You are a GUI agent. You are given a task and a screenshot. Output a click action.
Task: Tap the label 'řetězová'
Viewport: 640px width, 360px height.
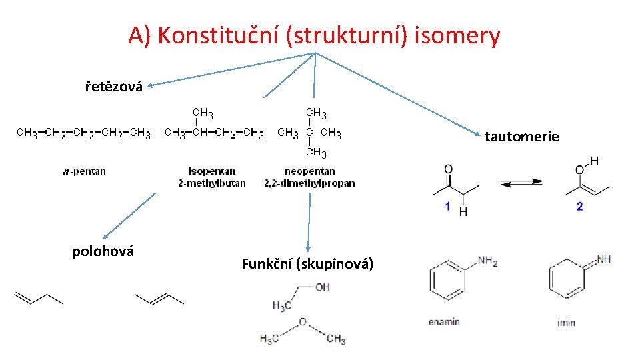pyautogui.click(x=114, y=87)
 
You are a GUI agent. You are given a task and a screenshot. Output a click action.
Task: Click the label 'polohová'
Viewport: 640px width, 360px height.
pyautogui.click(x=103, y=251)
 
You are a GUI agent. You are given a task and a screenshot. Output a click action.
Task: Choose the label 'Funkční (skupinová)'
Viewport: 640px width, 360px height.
pyautogui.click(x=307, y=264)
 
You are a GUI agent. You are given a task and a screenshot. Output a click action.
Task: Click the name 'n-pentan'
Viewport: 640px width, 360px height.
pyautogui.click(x=85, y=171)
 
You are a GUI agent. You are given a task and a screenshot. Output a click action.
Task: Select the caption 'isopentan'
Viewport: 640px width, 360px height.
pyautogui.click(x=212, y=171)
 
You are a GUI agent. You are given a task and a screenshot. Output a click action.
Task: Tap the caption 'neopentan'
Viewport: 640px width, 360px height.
pyautogui.click(x=309, y=171)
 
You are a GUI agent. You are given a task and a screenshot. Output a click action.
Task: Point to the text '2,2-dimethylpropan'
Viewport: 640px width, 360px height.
pyautogui.click(x=309, y=183)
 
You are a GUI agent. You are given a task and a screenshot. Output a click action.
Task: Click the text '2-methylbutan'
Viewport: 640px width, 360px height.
pyautogui.click(x=212, y=183)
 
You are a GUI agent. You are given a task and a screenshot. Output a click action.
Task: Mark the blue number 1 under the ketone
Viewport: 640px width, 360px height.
pyautogui.click(x=448, y=207)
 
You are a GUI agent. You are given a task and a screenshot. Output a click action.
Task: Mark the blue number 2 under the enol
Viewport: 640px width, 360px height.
pyautogui.click(x=579, y=207)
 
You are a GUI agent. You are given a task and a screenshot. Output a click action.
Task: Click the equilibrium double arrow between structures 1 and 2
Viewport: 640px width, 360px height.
pyautogui.click(x=521, y=183)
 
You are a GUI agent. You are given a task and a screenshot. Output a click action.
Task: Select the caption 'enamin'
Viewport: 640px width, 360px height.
pyautogui.click(x=444, y=322)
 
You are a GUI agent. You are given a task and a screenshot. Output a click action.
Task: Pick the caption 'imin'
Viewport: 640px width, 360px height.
pyautogui.click(x=566, y=323)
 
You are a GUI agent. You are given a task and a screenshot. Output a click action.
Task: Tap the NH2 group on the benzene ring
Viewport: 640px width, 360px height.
pyautogui.click(x=487, y=261)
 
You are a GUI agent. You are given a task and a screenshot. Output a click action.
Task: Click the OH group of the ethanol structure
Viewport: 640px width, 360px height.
pyautogui.click(x=322, y=287)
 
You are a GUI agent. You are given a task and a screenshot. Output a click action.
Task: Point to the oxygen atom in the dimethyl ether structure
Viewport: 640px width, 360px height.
pyautogui.click(x=302, y=323)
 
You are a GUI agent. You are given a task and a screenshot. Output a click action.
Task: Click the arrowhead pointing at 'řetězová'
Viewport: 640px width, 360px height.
pyautogui.click(x=151, y=85)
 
